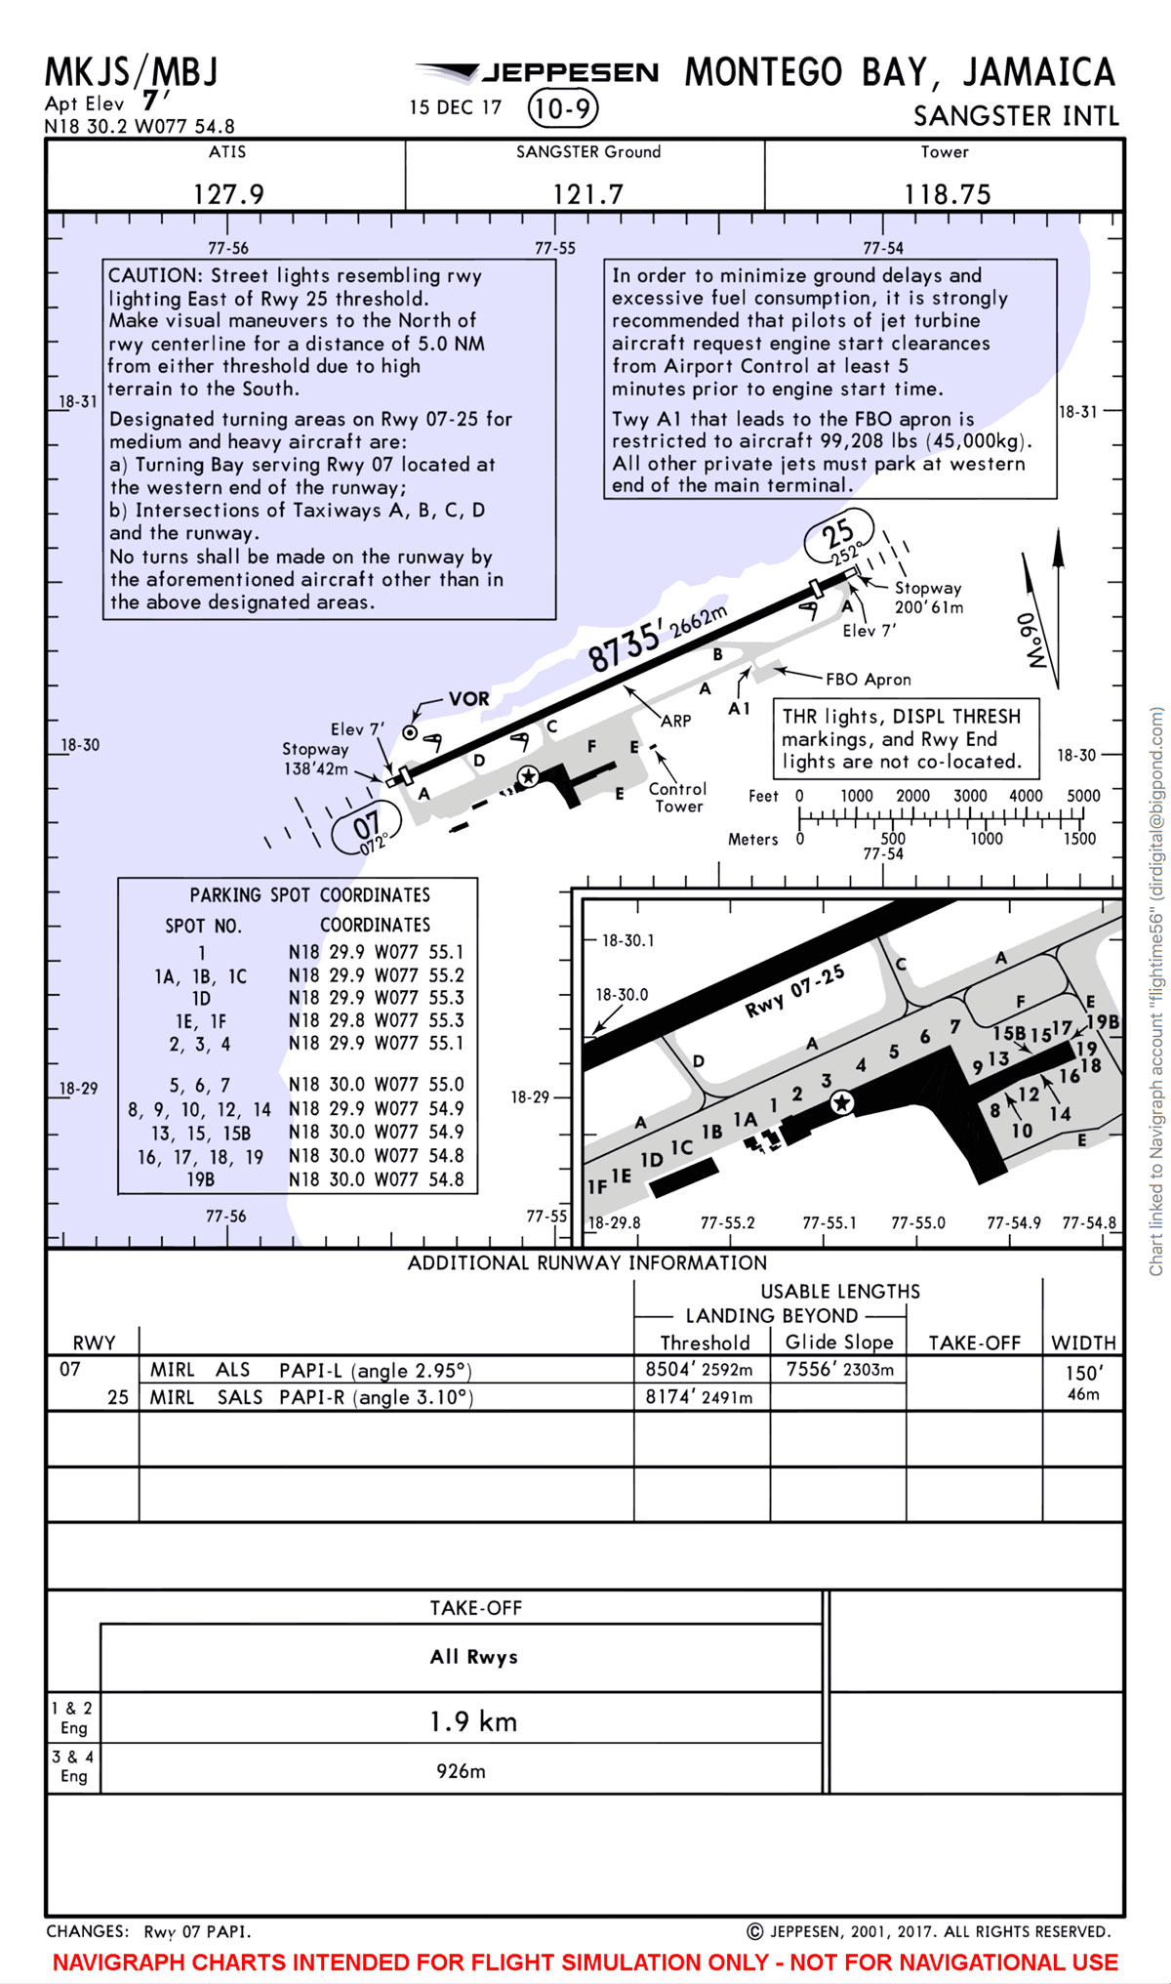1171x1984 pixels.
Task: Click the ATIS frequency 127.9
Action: point(228,194)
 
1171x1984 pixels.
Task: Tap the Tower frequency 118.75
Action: point(947,194)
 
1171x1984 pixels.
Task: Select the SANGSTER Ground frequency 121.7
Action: point(587,194)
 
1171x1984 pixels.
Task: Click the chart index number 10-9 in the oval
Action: point(562,108)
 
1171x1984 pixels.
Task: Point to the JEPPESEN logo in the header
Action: point(538,73)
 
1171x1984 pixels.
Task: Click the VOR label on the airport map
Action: point(468,699)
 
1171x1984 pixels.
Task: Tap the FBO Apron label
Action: point(868,680)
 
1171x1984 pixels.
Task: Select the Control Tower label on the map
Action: point(678,798)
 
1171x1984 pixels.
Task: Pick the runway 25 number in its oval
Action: point(837,535)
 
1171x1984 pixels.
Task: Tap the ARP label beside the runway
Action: point(675,721)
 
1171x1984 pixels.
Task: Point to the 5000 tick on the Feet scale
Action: point(1083,796)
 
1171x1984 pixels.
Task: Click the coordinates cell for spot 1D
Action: point(376,998)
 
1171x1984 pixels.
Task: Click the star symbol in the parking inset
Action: point(841,1103)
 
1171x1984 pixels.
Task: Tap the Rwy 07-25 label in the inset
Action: point(794,992)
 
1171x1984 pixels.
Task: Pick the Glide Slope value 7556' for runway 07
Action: point(839,1370)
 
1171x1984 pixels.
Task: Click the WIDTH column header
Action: point(1083,1343)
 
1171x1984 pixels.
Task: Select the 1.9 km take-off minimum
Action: point(473,1721)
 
